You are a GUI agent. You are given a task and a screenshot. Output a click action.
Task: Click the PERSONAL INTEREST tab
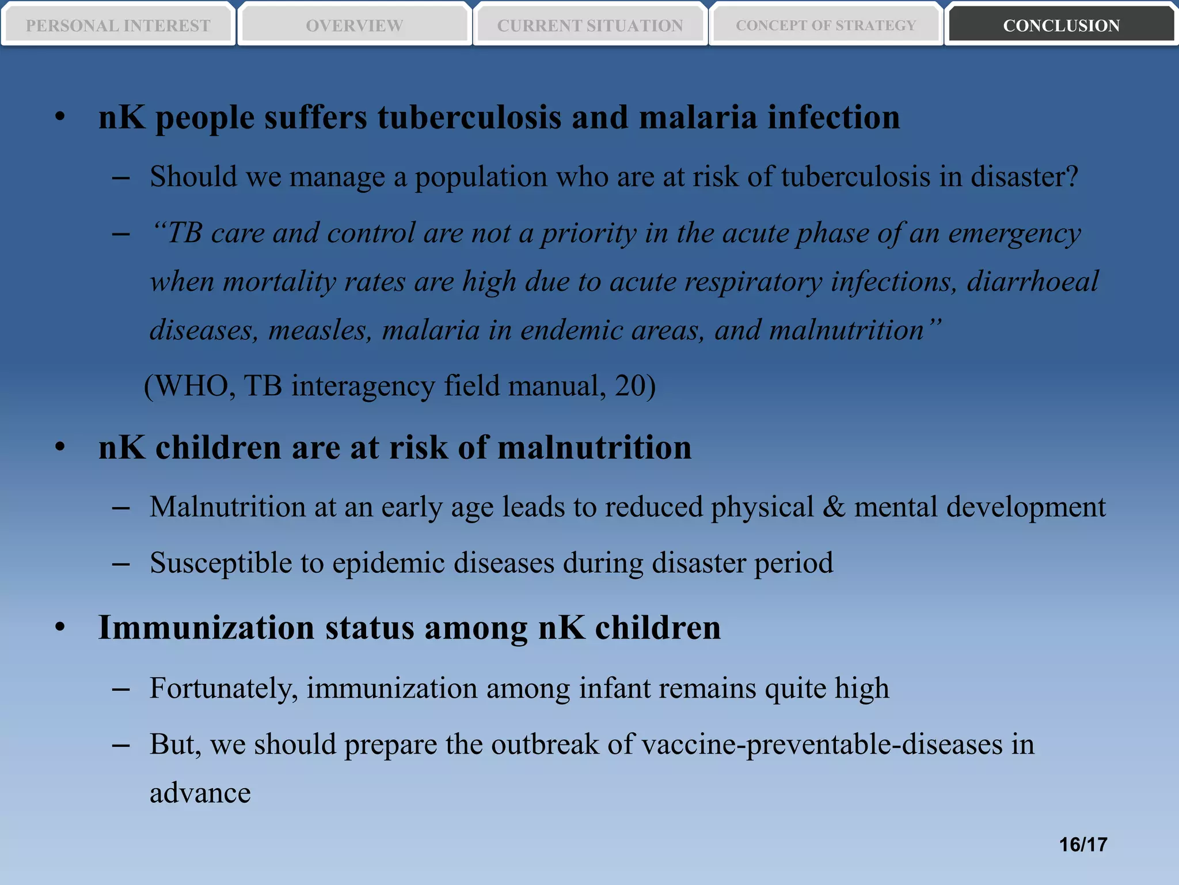point(118,25)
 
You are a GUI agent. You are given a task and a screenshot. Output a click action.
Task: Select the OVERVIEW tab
point(354,25)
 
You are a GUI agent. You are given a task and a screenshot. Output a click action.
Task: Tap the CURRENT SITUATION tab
point(590,25)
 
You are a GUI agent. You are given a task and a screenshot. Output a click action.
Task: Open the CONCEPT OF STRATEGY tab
point(826,25)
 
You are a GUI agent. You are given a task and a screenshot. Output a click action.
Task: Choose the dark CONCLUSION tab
point(1061,25)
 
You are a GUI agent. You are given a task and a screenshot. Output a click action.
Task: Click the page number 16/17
point(1083,845)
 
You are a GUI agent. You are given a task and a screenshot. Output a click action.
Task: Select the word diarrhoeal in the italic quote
point(1032,282)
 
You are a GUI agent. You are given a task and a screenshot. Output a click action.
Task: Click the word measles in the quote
point(320,331)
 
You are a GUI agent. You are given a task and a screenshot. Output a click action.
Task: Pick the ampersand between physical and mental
point(834,507)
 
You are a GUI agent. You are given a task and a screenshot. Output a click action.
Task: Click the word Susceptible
point(220,563)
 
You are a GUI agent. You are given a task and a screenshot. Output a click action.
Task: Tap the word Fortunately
point(223,689)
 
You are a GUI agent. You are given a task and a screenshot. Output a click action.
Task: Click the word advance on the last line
point(200,793)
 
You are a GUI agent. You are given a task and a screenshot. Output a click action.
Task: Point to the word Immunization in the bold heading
point(206,627)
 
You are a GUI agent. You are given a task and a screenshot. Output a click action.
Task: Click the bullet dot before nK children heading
point(60,448)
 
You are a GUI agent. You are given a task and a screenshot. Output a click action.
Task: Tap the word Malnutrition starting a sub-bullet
point(227,507)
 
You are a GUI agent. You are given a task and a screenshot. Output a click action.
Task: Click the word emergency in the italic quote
point(1014,233)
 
